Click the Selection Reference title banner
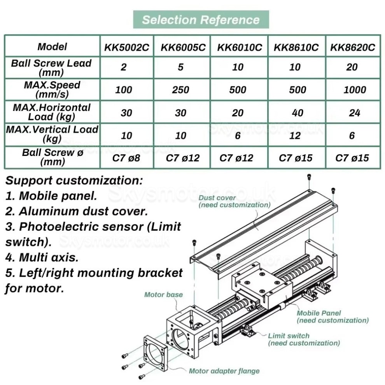[201, 19]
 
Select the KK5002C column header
[126, 47]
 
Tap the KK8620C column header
[352, 47]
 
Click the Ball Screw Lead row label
[51, 67]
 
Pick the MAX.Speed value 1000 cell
[352, 90]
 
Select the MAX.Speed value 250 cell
[181, 90]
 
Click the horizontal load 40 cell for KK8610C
[296, 113]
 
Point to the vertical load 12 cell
[296, 135]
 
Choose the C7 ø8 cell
[126, 158]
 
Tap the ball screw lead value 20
[352, 67]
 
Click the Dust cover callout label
[234, 201]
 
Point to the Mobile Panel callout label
[332, 317]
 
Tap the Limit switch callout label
[303, 339]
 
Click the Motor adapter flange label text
[224, 371]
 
